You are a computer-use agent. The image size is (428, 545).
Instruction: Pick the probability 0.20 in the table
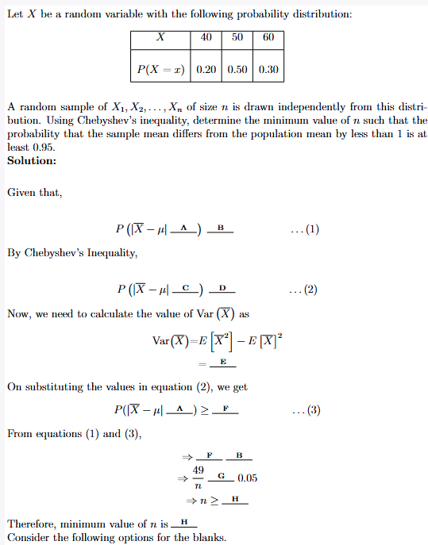click(x=206, y=69)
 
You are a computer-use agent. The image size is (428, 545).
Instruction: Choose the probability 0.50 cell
click(x=237, y=69)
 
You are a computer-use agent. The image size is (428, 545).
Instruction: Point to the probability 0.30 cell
click(x=268, y=69)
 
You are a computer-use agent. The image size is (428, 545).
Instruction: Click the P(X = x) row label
click(x=160, y=69)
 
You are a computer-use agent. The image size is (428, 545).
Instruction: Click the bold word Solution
click(x=32, y=160)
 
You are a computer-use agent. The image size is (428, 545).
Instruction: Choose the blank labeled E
click(x=223, y=363)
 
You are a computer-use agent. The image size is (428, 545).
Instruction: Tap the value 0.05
click(x=247, y=478)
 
